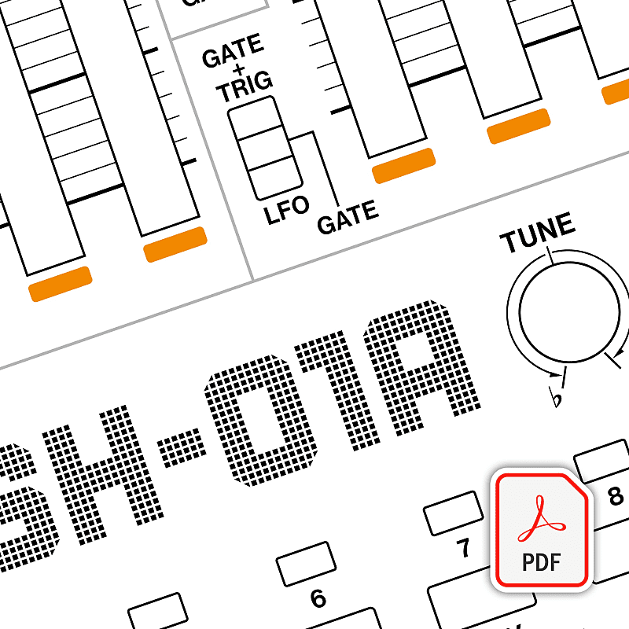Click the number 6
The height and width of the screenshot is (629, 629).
tap(318, 598)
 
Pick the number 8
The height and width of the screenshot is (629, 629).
tap(616, 496)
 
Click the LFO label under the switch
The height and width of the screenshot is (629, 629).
tap(286, 212)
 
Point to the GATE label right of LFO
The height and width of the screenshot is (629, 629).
tap(348, 218)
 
